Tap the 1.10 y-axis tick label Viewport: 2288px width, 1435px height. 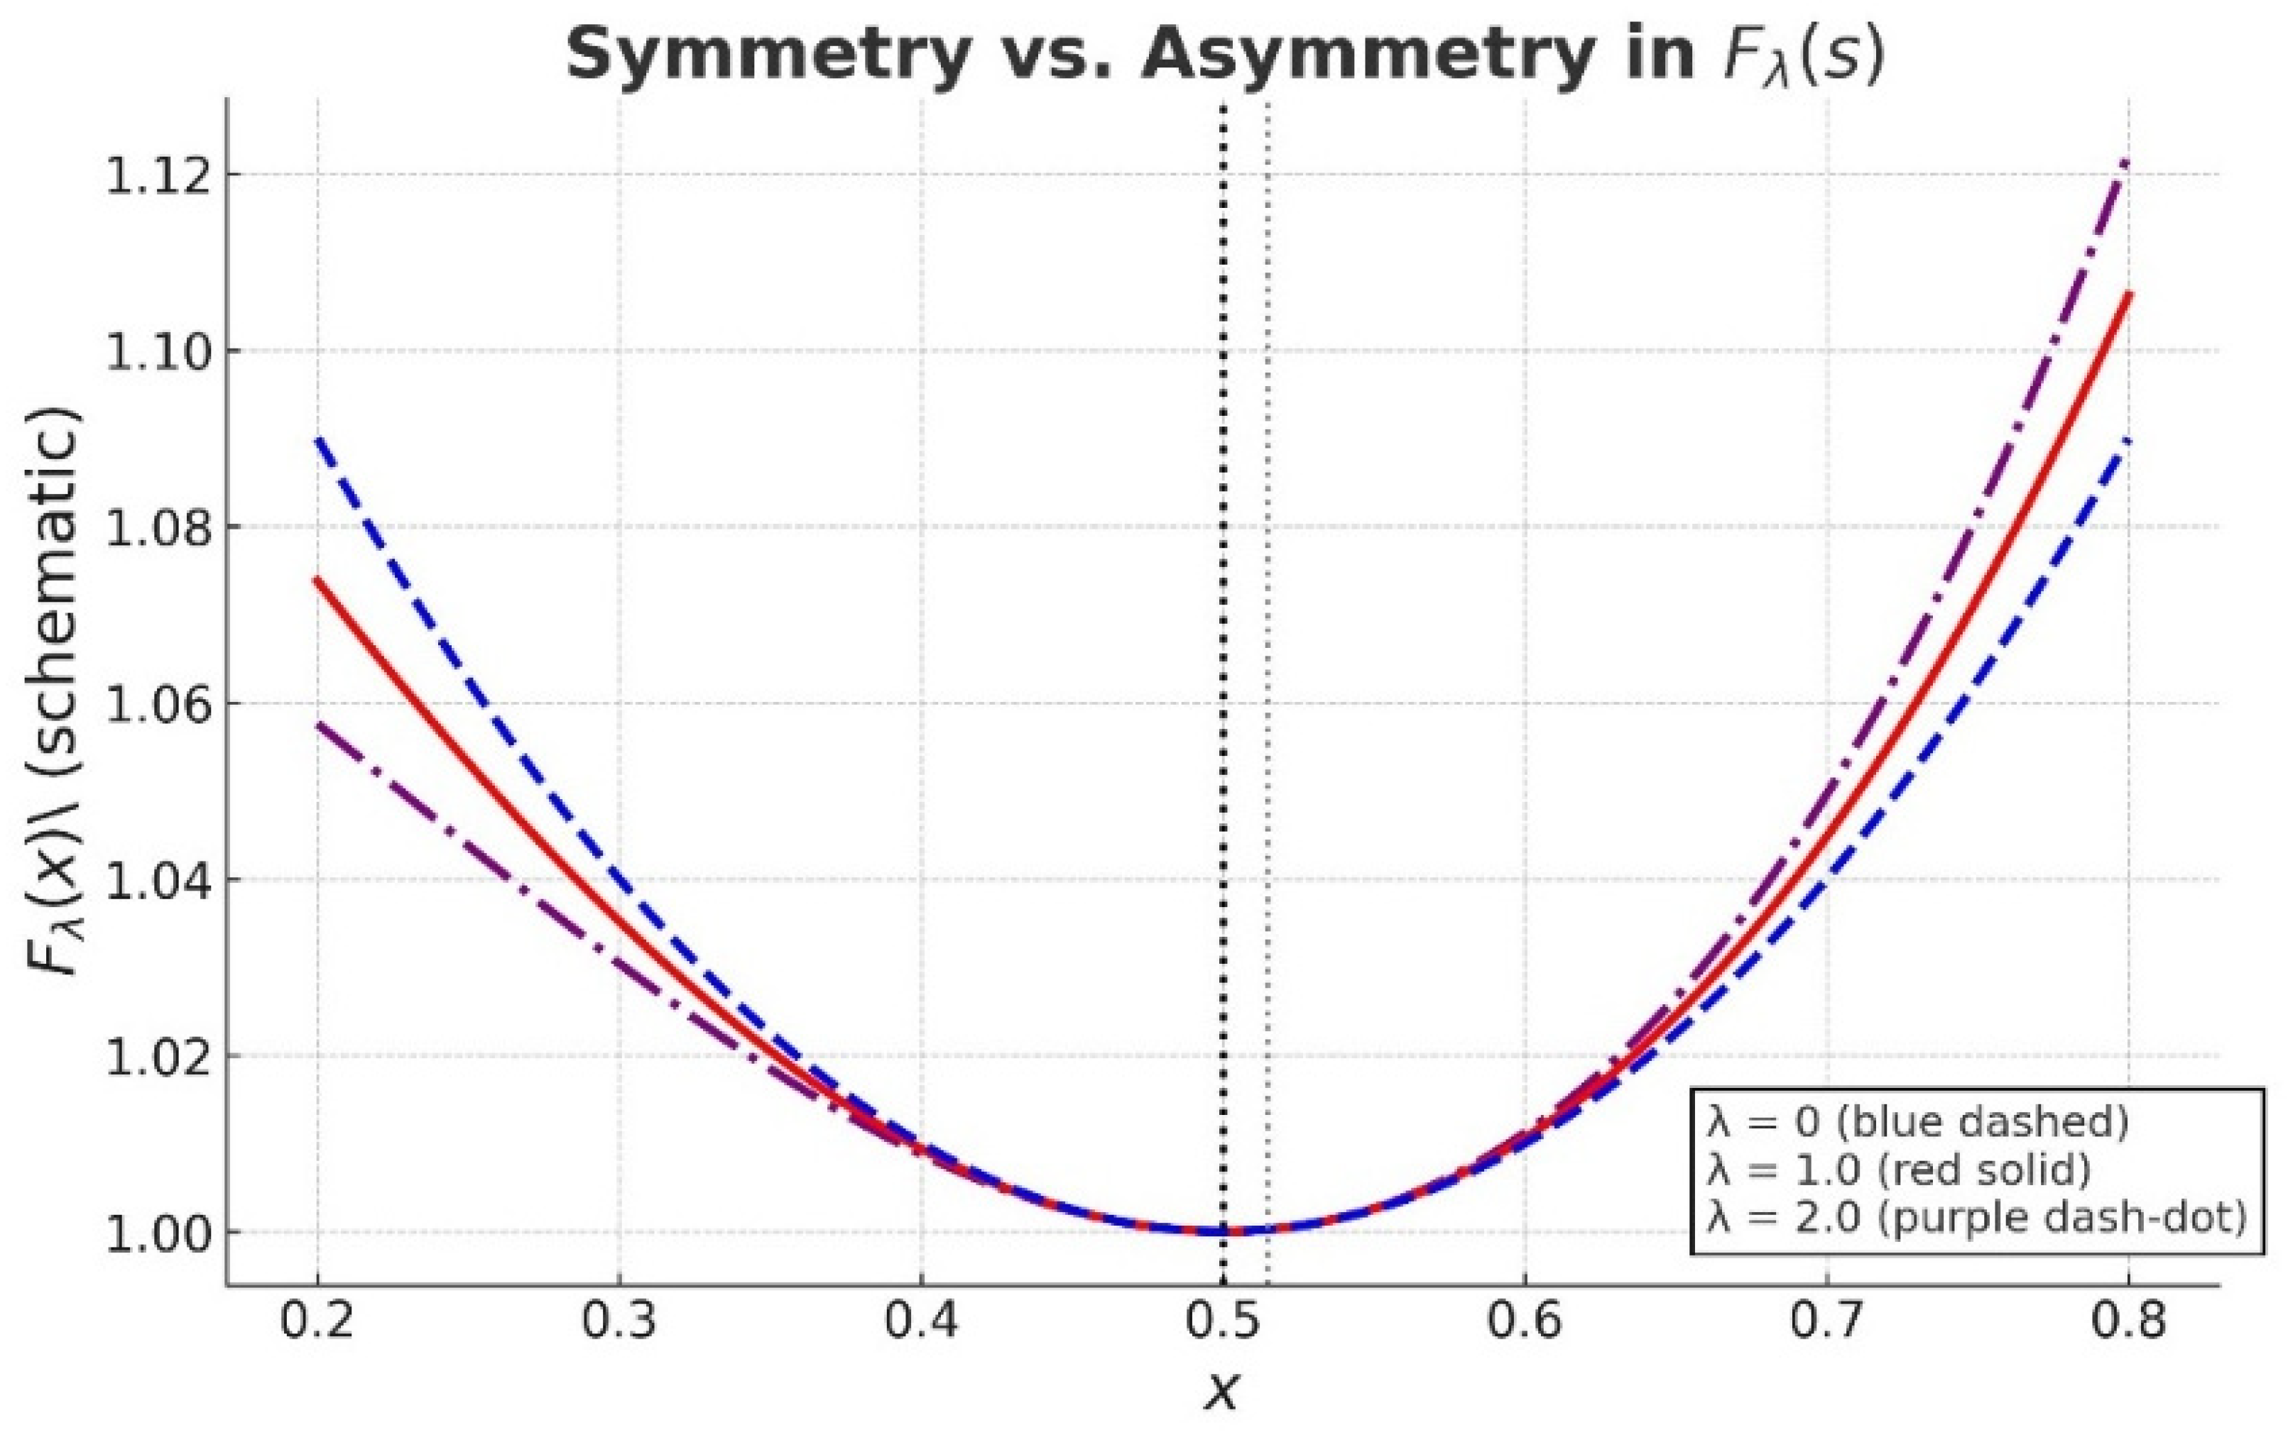[x=158, y=352]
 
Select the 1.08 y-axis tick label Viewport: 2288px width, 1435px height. [x=158, y=528]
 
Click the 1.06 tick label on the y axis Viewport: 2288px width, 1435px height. [x=158, y=704]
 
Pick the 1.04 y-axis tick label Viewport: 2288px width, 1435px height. [x=158, y=881]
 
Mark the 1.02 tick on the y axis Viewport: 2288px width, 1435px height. [x=158, y=1056]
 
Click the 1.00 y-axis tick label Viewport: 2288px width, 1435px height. [x=158, y=1233]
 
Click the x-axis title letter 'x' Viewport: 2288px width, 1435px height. [x=1222, y=1391]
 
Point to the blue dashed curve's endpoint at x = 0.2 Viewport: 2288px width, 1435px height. [x=318, y=439]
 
